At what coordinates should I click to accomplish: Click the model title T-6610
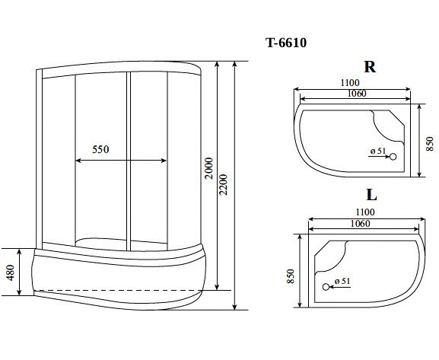click(286, 43)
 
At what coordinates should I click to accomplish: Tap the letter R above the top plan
click(370, 67)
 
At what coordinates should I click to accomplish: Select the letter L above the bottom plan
click(371, 195)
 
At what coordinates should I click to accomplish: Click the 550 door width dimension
click(100, 149)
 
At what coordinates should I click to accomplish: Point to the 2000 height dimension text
click(209, 168)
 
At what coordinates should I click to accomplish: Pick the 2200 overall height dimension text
click(224, 185)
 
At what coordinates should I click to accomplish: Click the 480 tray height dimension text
click(11, 272)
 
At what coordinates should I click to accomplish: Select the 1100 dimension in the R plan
click(350, 83)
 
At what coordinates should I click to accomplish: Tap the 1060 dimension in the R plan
click(357, 94)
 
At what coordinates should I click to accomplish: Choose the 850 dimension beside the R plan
click(430, 144)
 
